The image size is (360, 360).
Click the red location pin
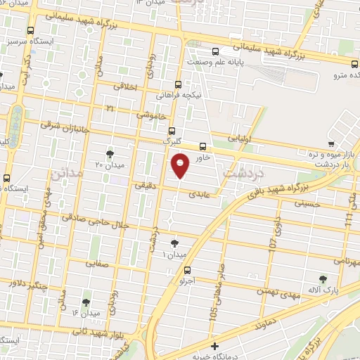[x=180, y=165]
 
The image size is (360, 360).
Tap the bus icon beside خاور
[x=203, y=147]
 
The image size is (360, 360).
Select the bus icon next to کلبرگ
[x=172, y=130]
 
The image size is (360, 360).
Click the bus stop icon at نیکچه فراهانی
[x=179, y=82]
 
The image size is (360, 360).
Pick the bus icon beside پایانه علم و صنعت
[x=216, y=51]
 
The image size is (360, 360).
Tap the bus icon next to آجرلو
[x=186, y=270]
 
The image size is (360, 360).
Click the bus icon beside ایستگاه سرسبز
[x=31, y=31]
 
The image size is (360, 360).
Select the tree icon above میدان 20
[x=109, y=153]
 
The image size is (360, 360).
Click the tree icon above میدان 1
[x=174, y=243]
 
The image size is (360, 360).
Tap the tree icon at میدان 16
[x=86, y=302]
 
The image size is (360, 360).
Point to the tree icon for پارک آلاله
[x=323, y=279]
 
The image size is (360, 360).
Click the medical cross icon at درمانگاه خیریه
[x=214, y=347]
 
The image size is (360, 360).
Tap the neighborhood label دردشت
[x=243, y=171]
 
